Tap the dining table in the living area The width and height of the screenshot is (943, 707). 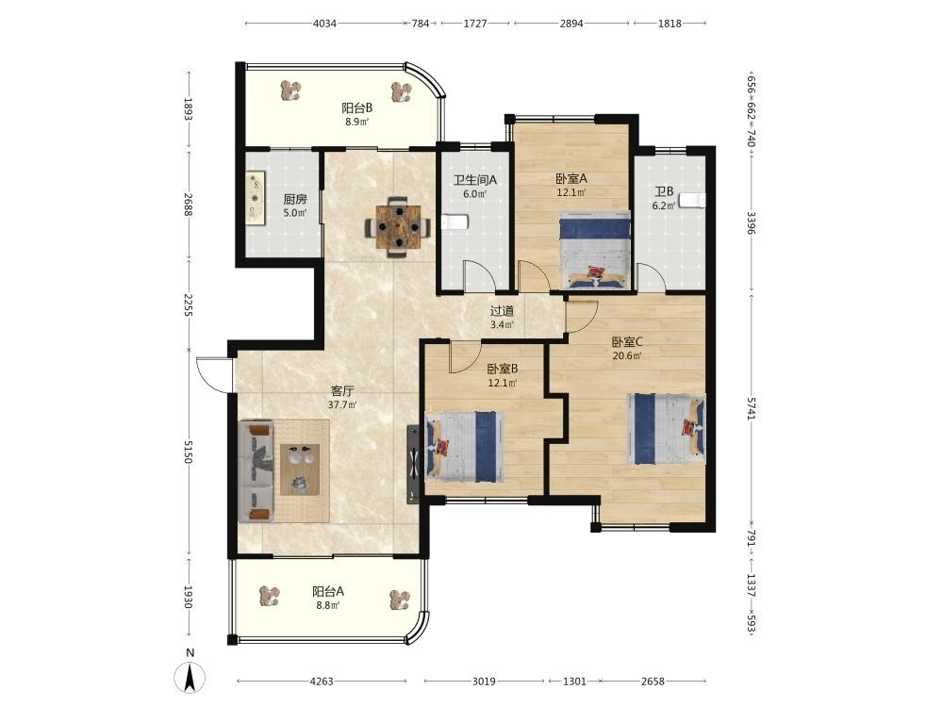(x=398, y=227)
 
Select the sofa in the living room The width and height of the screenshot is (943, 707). (x=256, y=471)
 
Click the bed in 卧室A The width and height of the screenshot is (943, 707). (x=595, y=250)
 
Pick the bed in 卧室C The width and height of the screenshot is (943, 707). (x=666, y=428)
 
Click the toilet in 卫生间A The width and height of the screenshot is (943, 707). (x=455, y=222)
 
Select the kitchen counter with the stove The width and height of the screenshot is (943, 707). (x=256, y=198)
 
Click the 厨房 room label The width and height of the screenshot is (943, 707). (x=294, y=199)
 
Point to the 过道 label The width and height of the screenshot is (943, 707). (x=502, y=311)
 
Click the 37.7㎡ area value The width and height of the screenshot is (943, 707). (x=342, y=404)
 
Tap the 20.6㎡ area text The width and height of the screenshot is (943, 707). (x=627, y=355)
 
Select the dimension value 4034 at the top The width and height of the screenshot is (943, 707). (x=324, y=24)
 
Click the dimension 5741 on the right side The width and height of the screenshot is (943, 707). (x=751, y=408)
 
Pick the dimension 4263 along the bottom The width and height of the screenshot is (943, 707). (x=322, y=682)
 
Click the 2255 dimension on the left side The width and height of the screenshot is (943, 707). (x=188, y=304)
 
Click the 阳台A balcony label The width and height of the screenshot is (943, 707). (x=328, y=591)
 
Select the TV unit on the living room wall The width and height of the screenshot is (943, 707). (x=413, y=464)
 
